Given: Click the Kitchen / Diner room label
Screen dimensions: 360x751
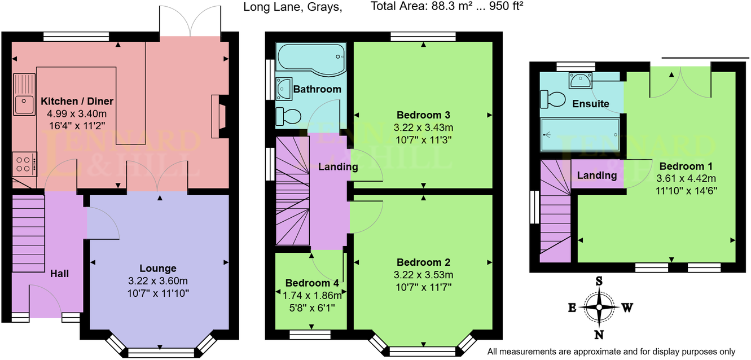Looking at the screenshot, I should (77, 102).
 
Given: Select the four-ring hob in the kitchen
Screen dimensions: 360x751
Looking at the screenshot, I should (24, 164).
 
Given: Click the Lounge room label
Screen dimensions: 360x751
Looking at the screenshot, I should (158, 269).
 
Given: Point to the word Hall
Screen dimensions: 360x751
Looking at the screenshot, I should (60, 274).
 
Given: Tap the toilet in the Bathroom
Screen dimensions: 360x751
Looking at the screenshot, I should (288, 117).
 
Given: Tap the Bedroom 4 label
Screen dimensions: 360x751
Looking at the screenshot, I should (311, 283).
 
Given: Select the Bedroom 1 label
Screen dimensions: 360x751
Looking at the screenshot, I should (686, 166).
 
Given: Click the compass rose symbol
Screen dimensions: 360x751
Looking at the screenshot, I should (599, 308).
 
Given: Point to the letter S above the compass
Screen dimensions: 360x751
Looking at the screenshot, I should (599, 281).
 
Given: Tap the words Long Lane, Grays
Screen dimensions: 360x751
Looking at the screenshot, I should (292, 7).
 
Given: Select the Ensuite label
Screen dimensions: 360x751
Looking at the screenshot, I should (590, 104).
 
